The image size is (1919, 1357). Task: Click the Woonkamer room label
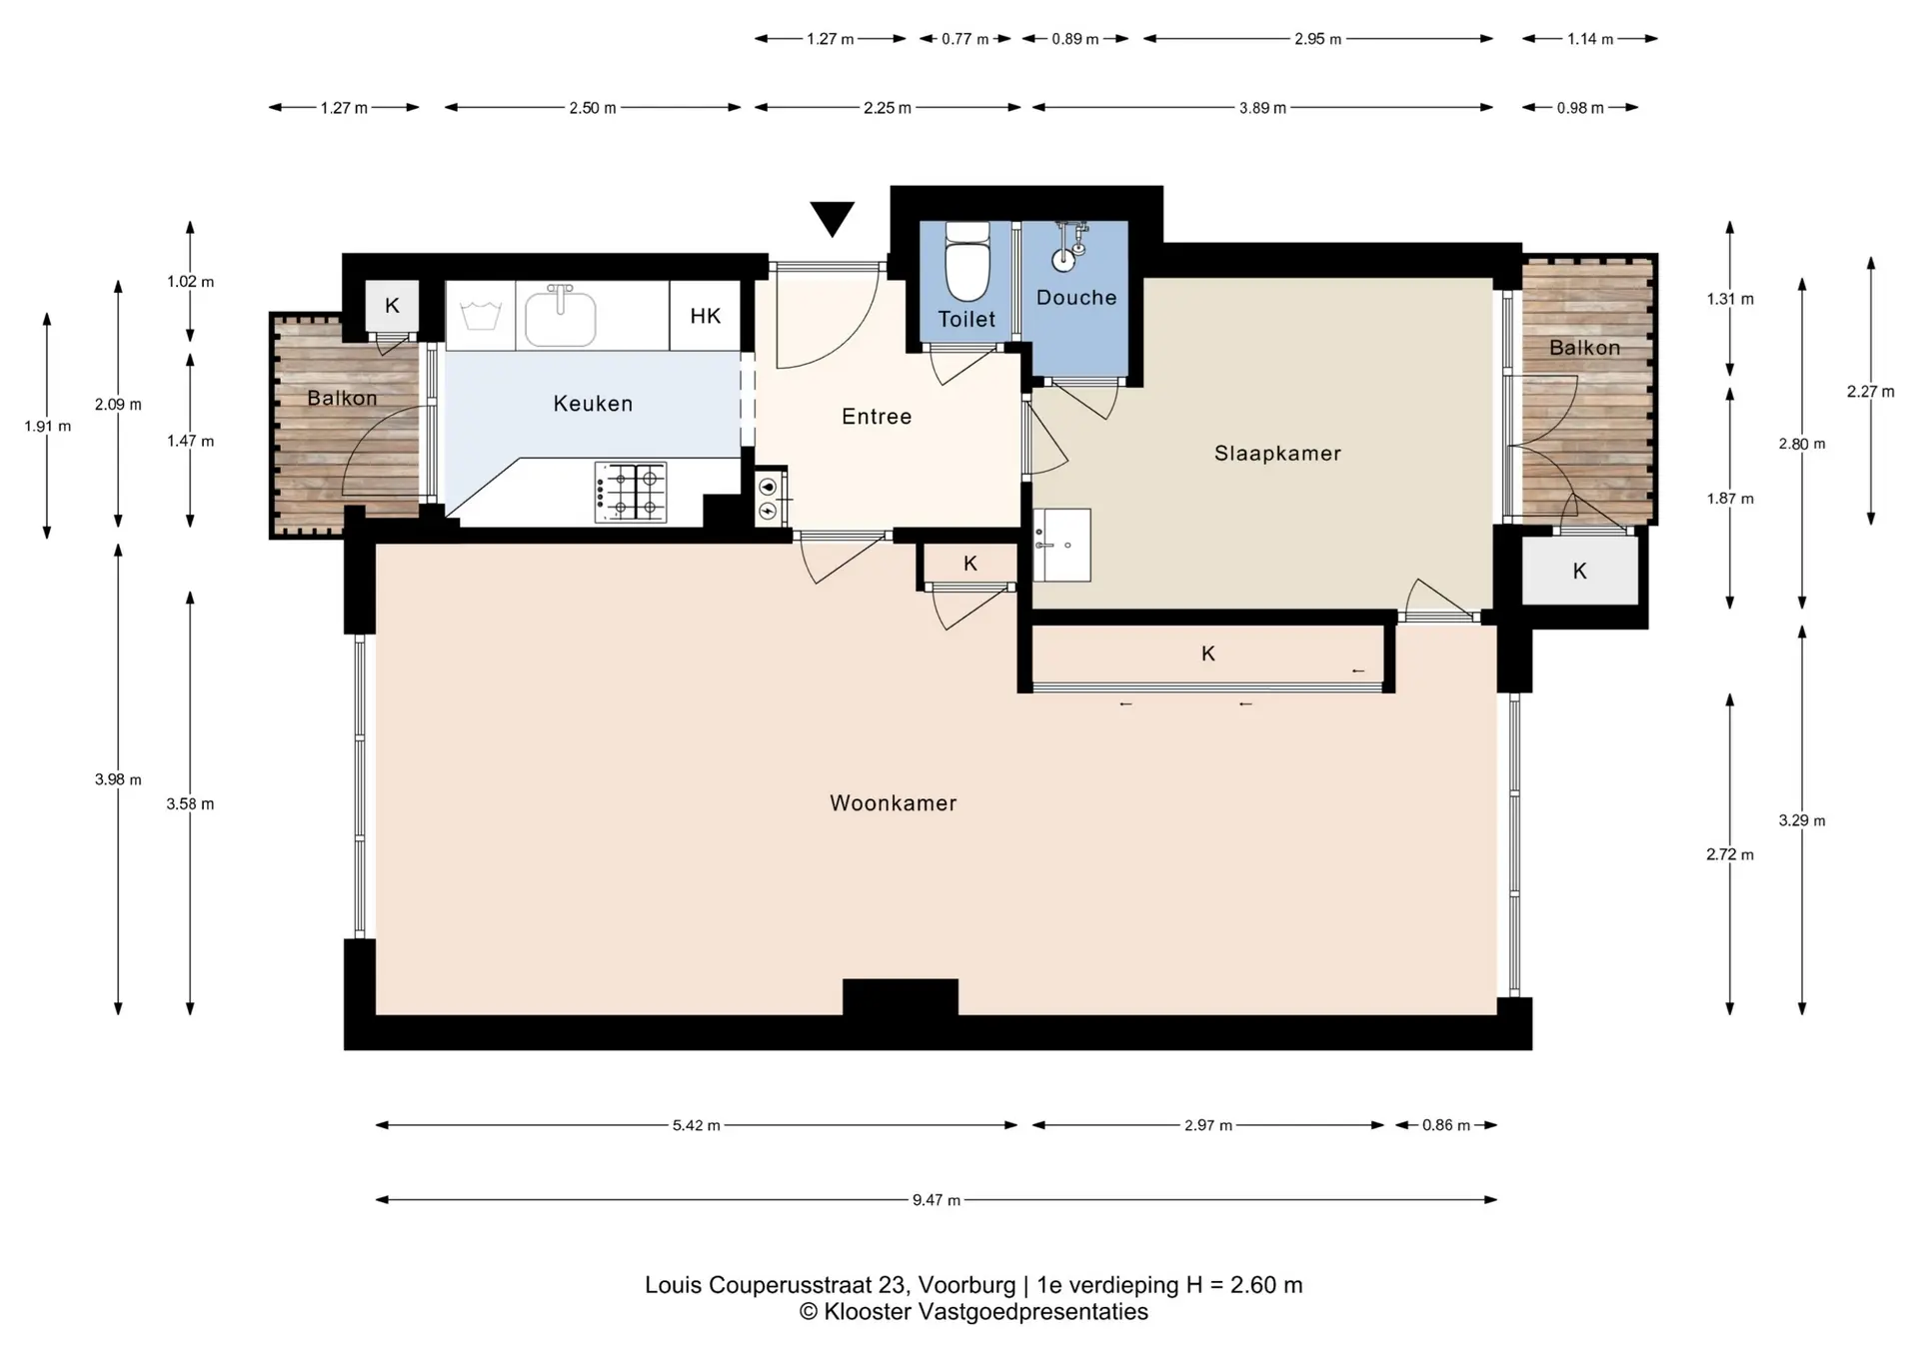[x=893, y=803]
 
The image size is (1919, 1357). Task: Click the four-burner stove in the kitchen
[x=631, y=492]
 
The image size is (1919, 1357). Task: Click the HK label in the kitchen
[x=705, y=317]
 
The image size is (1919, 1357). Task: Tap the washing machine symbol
[x=481, y=316]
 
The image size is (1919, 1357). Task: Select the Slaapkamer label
[x=1277, y=454]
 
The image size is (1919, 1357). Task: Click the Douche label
[x=1076, y=298]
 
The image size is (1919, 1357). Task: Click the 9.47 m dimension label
[x=936, y=1200]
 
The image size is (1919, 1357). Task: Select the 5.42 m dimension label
[x=696, y=1125]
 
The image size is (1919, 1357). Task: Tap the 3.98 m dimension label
[x=118, y=779]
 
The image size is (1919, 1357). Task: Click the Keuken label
[x=593, y=404]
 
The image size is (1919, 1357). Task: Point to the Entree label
[x=877, y=417]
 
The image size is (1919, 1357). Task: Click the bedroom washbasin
[x=1061, y=545]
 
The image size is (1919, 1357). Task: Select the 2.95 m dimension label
[x=1317, y=39]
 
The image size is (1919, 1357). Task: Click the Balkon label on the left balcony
[x=342, y=398]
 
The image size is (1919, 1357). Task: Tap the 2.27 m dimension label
[x=1870, y=392]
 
